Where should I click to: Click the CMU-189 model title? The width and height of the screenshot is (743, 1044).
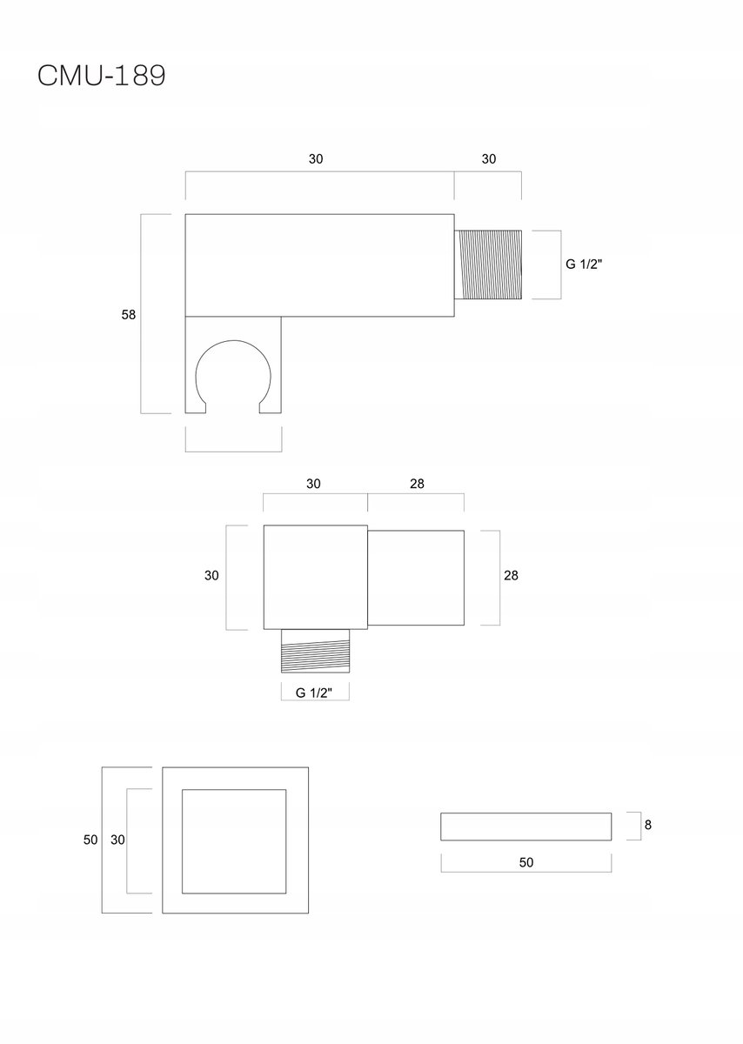[x=102, y=75]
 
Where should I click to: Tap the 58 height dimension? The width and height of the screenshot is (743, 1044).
[x=129, y=315]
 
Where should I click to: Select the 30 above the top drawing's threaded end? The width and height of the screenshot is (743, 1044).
[x=488, y=159]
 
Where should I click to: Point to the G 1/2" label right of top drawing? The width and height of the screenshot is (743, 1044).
[x=584, y=264]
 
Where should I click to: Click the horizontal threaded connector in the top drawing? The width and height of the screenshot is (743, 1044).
[x=488, y=264]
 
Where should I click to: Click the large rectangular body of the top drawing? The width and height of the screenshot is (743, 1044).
[x=320, y=265]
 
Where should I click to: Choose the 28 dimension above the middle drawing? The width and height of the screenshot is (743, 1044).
[x=418, y=484]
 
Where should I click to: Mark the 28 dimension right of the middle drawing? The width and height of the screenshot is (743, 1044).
[x=511, y=575]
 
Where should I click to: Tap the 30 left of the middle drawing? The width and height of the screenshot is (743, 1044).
[x=211, y=575]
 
